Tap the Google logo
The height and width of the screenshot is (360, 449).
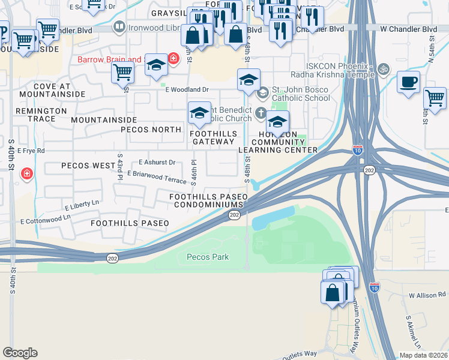coord(20,353)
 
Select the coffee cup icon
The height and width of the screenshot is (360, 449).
coord(408,82)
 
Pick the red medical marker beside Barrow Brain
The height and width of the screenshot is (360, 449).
coord(173,59)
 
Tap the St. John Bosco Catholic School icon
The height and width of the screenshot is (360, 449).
coord(262,93)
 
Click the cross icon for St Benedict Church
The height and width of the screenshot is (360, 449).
coord(261,112)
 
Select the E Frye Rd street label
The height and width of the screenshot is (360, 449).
coord(31,151)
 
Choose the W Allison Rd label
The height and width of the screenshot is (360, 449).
coord(427,296)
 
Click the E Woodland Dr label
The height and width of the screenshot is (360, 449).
coord(187,89)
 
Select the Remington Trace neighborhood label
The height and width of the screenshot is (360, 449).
coord(41,115)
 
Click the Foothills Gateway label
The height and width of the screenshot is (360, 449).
coord(213,137)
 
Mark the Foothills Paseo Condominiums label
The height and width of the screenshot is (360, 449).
coord(208,200)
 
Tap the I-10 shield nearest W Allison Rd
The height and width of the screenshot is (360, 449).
coord(375,287)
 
